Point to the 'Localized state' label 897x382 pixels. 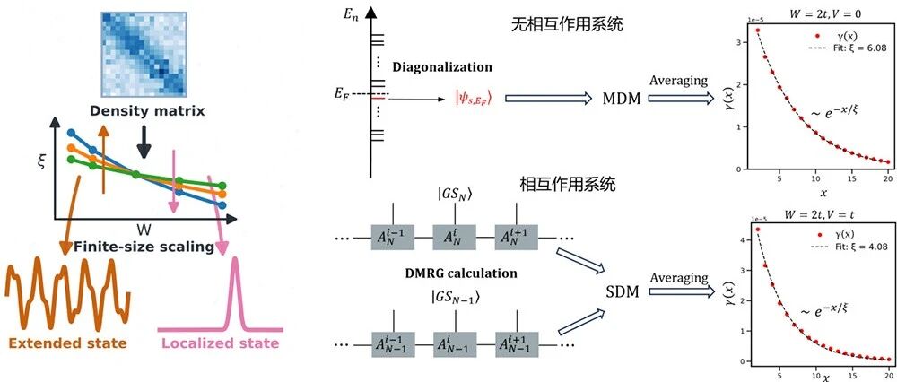pyautogui.click(x=220, y=343)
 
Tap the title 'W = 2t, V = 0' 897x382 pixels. pyautogui.click(x=815, y=12)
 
